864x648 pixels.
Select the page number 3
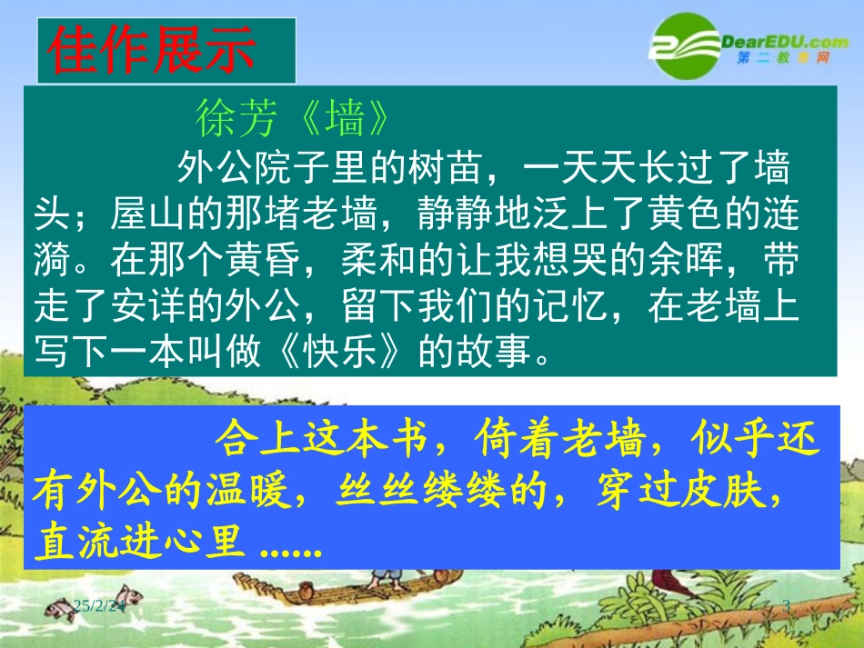[x=786, y=605]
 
